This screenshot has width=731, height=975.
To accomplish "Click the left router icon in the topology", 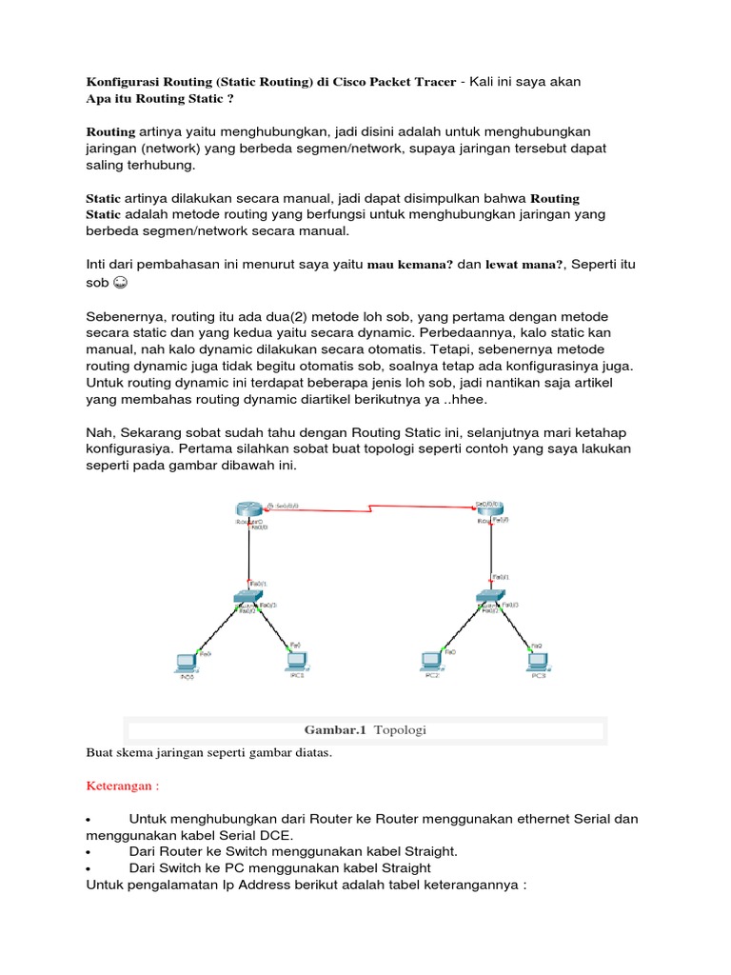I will (x=248, y=509).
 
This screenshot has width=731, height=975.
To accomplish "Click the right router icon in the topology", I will (x=491, y=509).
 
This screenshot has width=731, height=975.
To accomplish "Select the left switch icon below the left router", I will (x=248, y=599).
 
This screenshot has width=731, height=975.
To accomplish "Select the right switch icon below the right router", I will (x=491, y=599).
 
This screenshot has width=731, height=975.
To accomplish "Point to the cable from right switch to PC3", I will (x=515, y=628).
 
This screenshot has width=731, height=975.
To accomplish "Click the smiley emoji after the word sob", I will (x=120, y=284).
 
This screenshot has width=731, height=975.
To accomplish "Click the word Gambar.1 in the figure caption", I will (x=335, y=730).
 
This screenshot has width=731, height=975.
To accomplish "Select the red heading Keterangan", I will (x=121, y=786).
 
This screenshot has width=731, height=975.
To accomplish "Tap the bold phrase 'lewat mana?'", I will (x=525, y=266).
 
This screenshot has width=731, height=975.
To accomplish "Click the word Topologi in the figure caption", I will (x=401, y=730).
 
